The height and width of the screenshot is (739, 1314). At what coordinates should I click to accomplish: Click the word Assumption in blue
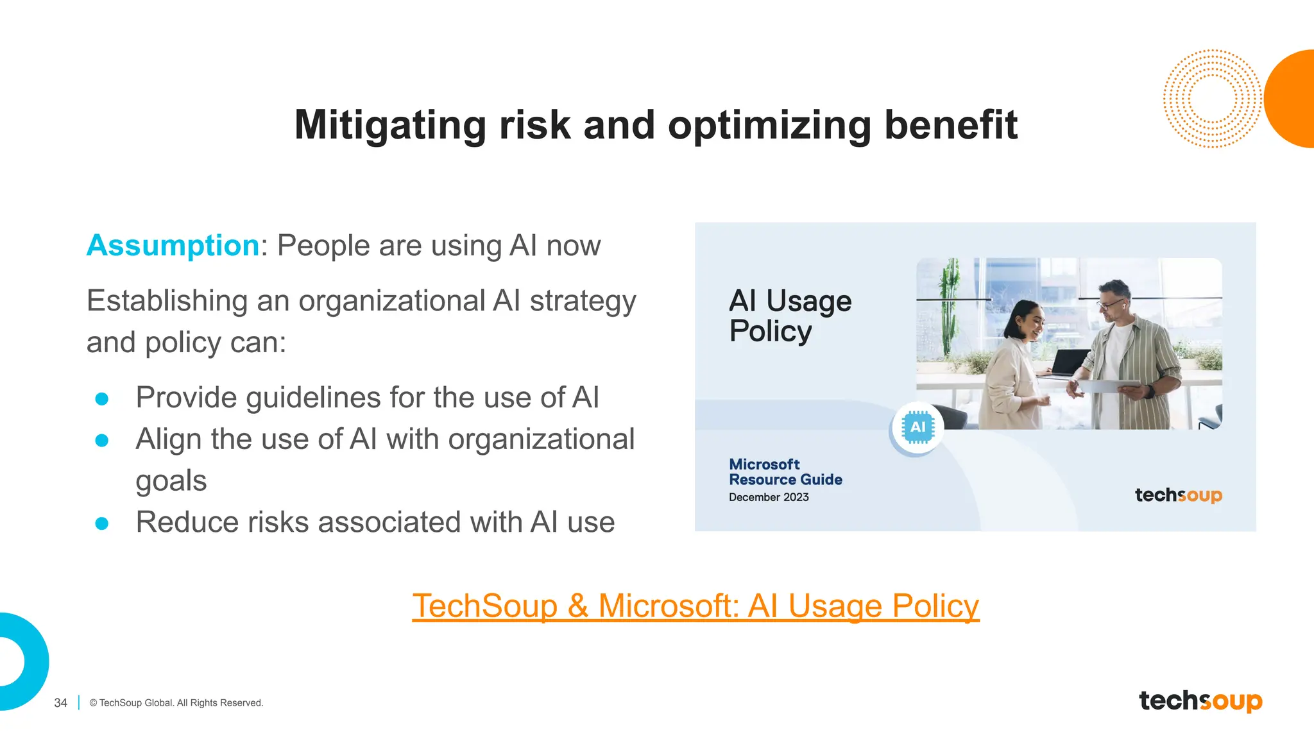(173, 246)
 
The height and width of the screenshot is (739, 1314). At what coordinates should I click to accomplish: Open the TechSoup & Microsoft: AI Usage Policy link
(695, 606)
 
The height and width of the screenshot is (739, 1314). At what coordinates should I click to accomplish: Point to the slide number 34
(61, 703)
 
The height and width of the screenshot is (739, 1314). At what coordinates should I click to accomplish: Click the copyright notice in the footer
(176, 703)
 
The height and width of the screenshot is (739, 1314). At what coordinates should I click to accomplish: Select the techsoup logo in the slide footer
(1200, 701)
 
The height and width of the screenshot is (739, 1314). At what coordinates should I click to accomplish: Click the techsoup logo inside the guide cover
(1178, 495)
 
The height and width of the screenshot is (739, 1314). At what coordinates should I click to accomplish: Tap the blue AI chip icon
(917, 427)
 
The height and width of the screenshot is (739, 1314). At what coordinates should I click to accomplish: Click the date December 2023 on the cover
(769, 497)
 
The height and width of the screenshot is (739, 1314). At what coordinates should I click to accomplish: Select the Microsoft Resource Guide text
(785, 472)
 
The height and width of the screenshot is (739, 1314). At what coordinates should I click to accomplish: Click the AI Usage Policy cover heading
(790, 316)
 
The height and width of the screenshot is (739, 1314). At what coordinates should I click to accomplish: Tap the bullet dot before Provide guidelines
(102, 399)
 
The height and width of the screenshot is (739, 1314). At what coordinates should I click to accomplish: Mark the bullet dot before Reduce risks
(102, 523)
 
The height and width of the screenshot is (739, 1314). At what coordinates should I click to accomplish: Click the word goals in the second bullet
(171, 481)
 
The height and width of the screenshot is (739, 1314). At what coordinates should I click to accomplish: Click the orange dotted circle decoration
(1211, 99)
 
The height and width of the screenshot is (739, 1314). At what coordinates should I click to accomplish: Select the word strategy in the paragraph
(583, 302)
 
